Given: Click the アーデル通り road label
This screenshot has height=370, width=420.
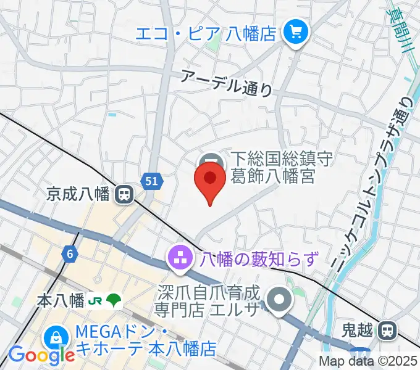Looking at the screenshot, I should click(x=227, y=83).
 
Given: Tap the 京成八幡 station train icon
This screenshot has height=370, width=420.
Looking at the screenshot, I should click(x=125, y=195).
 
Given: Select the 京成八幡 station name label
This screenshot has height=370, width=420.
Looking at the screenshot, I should click(x=78, y=195).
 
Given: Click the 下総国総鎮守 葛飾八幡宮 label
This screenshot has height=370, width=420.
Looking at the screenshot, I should click(x=272, y=168).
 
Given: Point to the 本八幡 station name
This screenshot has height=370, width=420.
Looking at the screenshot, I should click(x=61, y=301).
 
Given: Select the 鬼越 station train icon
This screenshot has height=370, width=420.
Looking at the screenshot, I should click(x=388, y=331).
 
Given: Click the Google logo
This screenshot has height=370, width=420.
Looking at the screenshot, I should click(x=41, y=355).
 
